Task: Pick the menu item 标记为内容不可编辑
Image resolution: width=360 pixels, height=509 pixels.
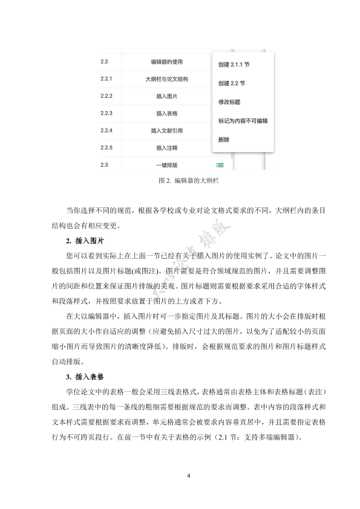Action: [243, 120]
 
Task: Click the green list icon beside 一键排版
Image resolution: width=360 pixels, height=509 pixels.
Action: [221, 165]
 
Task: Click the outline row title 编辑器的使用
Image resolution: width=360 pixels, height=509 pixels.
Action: [167, 62]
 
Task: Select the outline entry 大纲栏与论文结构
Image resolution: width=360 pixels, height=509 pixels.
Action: [167, 79]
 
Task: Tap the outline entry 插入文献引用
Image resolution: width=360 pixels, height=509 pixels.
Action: [167, 131]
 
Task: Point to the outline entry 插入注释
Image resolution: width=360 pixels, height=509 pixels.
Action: [167, 148]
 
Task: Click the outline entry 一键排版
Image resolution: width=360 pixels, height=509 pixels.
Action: [167, 165]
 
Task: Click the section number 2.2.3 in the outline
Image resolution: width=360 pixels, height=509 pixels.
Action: [106, 113]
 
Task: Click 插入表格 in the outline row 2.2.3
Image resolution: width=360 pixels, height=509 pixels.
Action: [167, 113]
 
